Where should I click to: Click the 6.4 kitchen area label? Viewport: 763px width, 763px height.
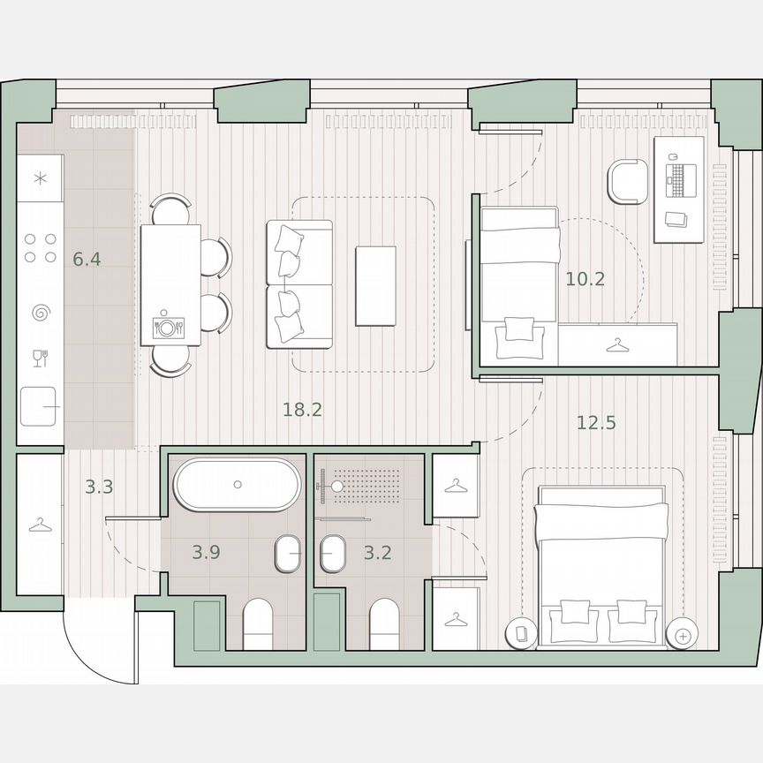(x=87, y=261)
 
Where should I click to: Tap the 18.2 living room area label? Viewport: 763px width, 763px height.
(x=302, y=409)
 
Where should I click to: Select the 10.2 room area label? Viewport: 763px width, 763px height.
(x=585, y=280)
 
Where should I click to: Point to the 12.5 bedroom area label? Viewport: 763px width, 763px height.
(x=596, y=423)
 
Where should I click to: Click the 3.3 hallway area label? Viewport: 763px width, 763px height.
(x=99, y=486)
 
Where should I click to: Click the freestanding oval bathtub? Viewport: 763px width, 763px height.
(x=237, y=485)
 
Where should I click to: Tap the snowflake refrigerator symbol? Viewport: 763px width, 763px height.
(x=40, y=178)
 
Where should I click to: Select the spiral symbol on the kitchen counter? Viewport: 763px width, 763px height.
(x=41, y=313)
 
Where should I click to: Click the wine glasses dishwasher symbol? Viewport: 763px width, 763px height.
(x=40, y=358)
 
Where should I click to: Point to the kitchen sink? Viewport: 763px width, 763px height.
(x=40, y=407)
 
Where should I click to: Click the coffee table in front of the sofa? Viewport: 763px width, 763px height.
(x=375, y=285)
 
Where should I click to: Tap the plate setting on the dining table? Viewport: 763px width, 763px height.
(x=168, y=328)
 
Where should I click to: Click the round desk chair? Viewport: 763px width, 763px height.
(x=629, y=182)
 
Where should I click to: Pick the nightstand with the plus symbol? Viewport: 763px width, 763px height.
(x=681, y=633)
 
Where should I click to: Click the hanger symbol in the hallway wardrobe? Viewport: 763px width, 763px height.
(x=40, y=525)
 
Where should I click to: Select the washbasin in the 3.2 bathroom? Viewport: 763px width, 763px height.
(x=333, y=555)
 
